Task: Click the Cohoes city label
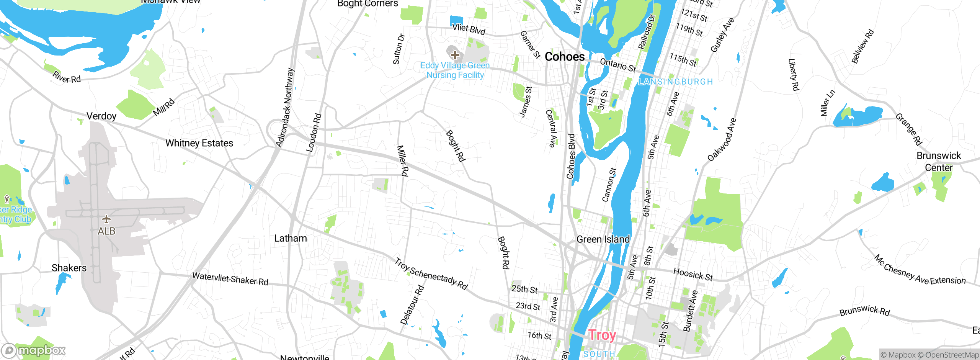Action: (564, 57)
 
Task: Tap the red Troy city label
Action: (602, 335)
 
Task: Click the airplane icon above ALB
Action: (106, 219)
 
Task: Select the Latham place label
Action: (291, 238)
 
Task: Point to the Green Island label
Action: (603, 239)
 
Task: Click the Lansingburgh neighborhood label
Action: (675, 82)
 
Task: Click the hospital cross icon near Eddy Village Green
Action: (455, 55)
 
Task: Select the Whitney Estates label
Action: (199, 143)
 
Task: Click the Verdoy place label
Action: (101, 116)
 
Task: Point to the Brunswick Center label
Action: (939, 162)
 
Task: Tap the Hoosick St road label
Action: (693, 274)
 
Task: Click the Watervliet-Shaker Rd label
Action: (230, 279)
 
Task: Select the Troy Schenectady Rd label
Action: (431, 274)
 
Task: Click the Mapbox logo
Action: (34, 350)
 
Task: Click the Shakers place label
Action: (69, 268)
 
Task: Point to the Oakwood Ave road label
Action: (722, 139)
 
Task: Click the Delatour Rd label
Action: (412, 305)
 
